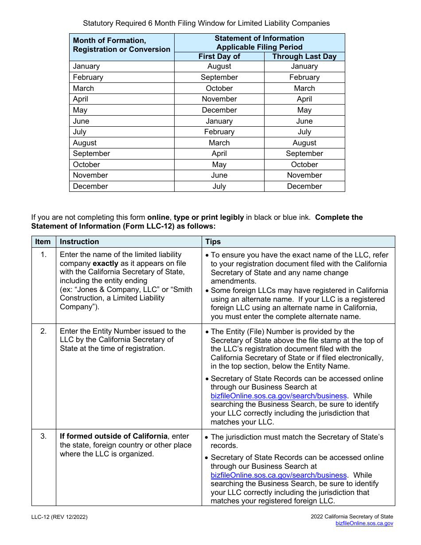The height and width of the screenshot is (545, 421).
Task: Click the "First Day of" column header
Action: tap(219, 56)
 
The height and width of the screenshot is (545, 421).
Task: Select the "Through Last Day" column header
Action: tap(304, 56)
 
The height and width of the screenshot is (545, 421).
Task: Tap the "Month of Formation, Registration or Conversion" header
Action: tap(121, 45)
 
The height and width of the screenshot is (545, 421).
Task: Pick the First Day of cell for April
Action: tap(219, 99)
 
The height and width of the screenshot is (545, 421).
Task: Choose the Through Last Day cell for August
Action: tap(304, 143)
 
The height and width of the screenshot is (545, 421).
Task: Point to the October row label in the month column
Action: tap(86, 165)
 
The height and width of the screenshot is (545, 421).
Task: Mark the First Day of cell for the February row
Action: tap(219, 78)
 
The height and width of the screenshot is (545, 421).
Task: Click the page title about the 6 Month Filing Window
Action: tap(207, 23)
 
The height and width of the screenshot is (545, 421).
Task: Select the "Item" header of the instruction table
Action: tap(43, 242)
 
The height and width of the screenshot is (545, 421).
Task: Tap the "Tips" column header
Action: tap(213, 242)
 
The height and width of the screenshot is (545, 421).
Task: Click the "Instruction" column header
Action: tap(79, 242)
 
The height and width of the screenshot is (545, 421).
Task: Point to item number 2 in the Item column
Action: tap(43, 331)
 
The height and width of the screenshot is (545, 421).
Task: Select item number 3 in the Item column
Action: tap(43, 436)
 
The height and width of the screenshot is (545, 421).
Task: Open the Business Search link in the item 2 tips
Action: tap(279, 396)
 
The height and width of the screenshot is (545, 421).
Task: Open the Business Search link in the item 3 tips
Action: tap(279, 475)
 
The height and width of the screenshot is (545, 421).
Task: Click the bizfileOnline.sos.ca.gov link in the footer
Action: tap(364, 524)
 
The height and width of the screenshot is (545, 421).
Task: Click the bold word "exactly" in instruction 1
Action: tap(105, 264)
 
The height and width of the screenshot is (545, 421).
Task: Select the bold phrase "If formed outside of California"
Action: tap(114, 436)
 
